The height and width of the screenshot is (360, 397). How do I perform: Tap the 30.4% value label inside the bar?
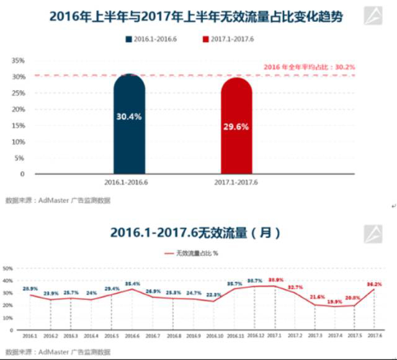tap(129, 116)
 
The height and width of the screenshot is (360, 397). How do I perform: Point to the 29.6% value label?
tap(236, 126)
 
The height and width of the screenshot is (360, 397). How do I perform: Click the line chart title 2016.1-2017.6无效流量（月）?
tap(196, 233)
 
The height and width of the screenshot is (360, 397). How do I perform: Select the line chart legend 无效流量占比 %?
tap(196, 253)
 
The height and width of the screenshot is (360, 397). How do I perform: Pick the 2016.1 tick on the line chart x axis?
tap(30, 336)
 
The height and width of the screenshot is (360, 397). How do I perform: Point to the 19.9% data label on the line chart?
tap(335, 302)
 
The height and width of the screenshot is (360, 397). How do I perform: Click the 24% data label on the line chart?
tap(91, 292)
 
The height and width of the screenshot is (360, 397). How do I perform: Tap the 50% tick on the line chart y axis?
tap(8, 269)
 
